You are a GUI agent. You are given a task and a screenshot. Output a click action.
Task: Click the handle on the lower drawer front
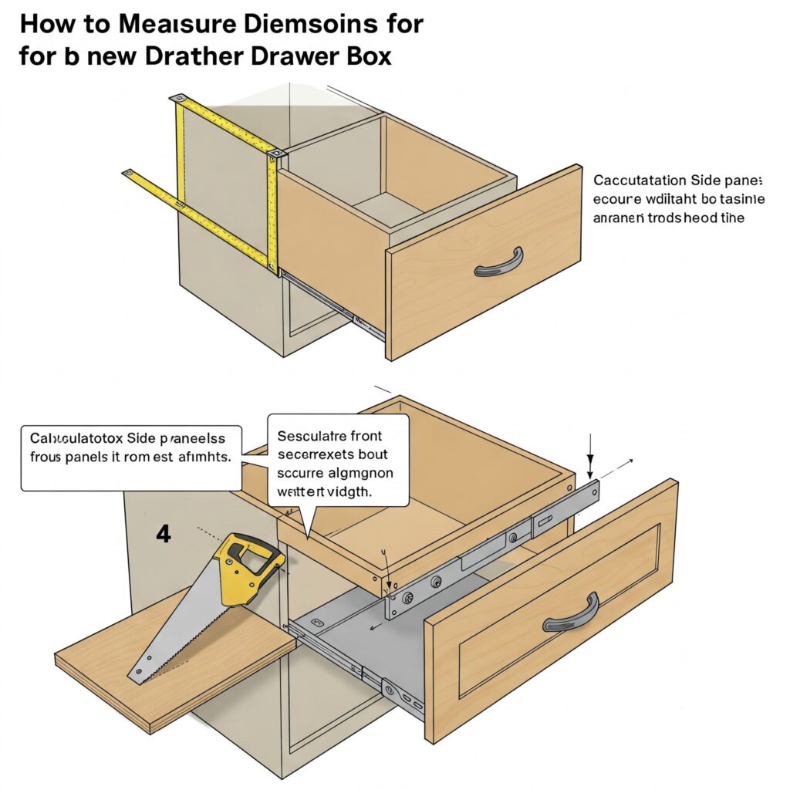pyautogui.click(x=570, y=614)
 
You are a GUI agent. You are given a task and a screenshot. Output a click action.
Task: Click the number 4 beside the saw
pyautogui.click(x=163, y=534)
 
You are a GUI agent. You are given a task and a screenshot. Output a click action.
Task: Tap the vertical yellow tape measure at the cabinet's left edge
pyautogui.click(x=181, y=170)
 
